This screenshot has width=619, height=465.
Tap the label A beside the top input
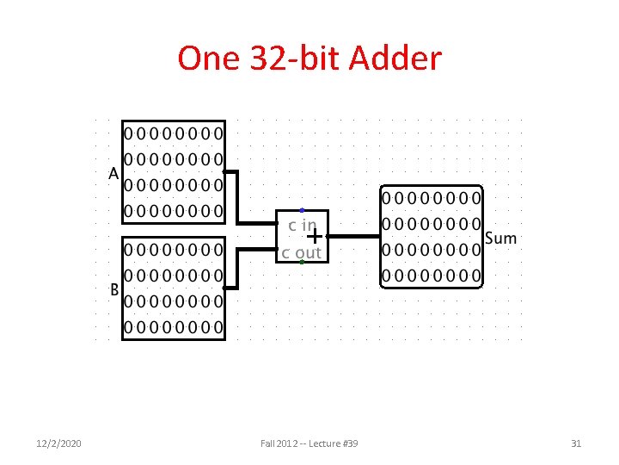113,173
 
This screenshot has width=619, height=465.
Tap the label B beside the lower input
113,289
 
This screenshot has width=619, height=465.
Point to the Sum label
501,238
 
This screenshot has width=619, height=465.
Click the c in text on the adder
303,225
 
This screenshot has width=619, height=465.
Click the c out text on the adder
301,252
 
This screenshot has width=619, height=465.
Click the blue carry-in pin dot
302,210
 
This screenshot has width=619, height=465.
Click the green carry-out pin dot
302,262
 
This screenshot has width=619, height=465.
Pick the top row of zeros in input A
174,133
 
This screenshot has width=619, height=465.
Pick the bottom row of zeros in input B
174,327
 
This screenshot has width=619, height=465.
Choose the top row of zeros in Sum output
432,197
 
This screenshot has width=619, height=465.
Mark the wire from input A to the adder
238,198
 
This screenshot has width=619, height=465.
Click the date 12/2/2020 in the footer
60,443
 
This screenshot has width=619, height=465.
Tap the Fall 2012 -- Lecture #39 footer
309,443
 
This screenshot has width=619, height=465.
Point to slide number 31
576,443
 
